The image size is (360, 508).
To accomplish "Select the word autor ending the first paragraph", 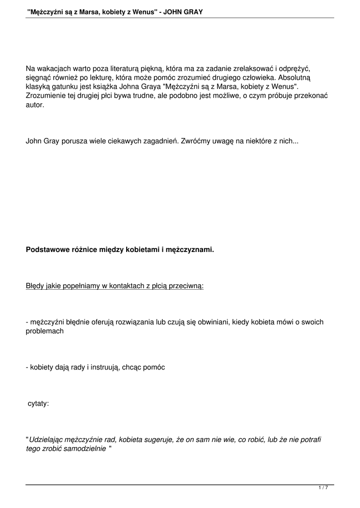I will (x=34, y=105).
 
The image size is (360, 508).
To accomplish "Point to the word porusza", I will (x=74, y=141).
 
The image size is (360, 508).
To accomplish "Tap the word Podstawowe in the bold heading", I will (x=48, y=250).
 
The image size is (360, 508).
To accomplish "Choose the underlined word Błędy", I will (x=36, y=286).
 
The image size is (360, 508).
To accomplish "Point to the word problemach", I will (x=44, y=331).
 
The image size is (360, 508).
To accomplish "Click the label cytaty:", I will (x=38, y=403).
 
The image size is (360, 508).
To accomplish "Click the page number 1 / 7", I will (x=323, y=488).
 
